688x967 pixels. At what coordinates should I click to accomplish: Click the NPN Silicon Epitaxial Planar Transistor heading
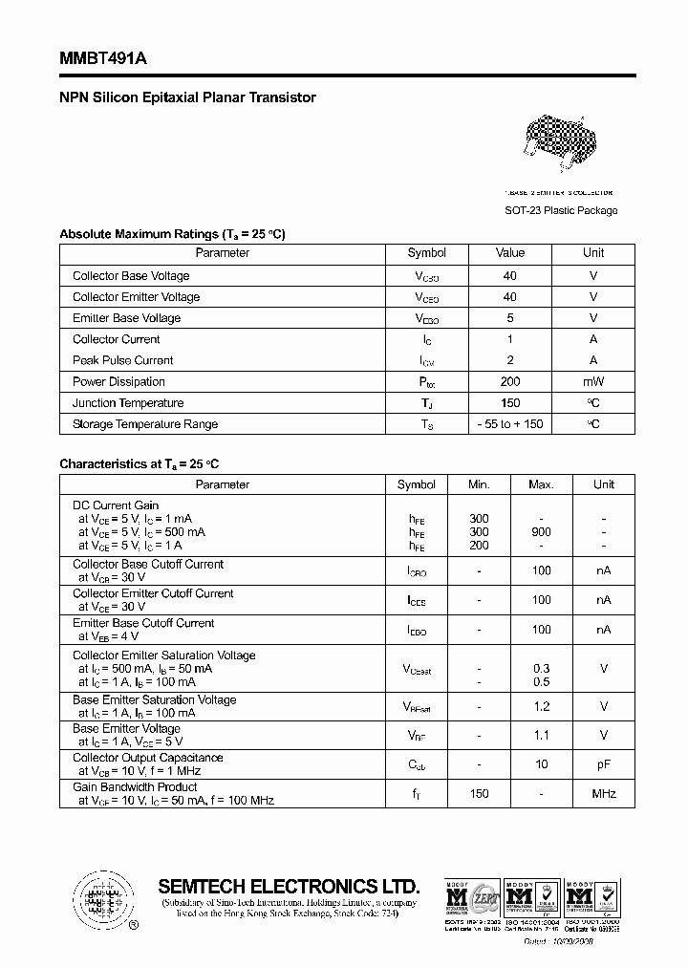[x=187, y=97]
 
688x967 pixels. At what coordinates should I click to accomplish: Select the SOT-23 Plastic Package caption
[x=561, y=210]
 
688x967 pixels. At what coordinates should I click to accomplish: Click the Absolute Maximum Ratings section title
[x=172, y=234]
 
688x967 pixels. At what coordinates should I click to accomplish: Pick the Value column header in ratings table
[x=510, y=253]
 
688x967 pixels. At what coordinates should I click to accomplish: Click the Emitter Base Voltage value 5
[x=510, y=318]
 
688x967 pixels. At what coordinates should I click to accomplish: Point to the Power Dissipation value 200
[x=510, y=382]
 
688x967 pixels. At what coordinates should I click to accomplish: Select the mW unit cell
[x=593, y=382]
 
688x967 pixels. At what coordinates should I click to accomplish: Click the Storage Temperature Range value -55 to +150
[x=510, y=424]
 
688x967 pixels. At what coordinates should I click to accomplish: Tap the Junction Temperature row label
[x=128, y=403]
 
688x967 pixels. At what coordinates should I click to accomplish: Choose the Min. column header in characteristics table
[x=479, y=484]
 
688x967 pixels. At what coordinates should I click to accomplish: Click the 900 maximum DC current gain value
[x=541, y=532]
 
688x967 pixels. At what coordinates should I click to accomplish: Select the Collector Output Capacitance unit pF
[x=604, y=764]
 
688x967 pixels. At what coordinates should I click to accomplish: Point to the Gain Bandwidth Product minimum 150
[x=479, y=793]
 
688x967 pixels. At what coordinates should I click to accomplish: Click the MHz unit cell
[x=604, y=793]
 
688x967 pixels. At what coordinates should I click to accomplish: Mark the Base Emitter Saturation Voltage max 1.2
[x=541, y=706]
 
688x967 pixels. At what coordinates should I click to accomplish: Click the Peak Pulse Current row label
[x=123, y=361]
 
